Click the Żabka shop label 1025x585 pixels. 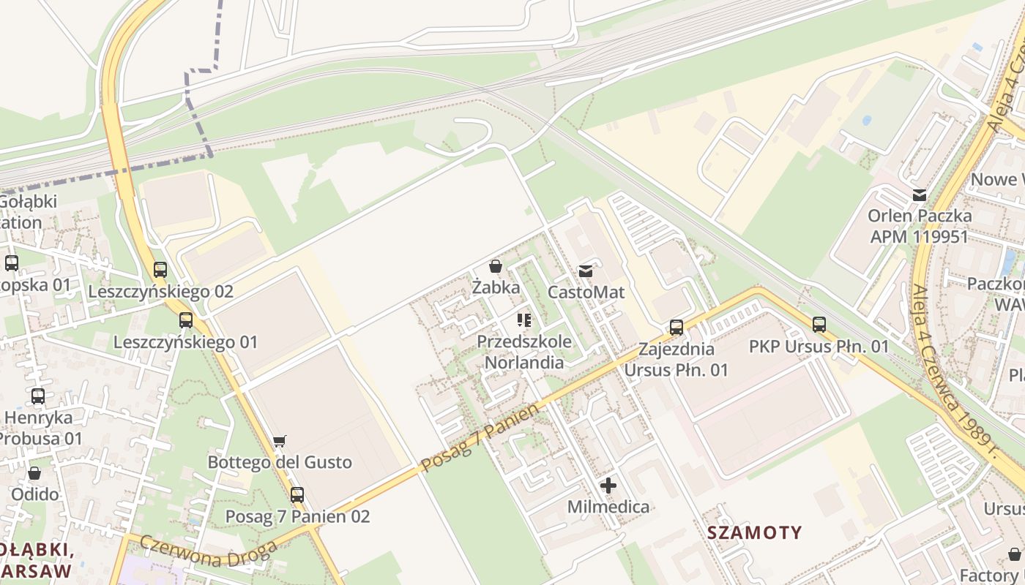pos(496,287)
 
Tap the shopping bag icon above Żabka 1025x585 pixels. pos(496,266)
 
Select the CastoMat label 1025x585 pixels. pos(586,292)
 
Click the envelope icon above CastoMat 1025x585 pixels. pos(586,271)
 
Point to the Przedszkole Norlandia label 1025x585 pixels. pos(524,352)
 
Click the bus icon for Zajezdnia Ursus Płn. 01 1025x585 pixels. pos(676,327)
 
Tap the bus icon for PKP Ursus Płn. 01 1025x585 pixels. pos(819,324)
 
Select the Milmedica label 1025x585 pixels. pos(608,507)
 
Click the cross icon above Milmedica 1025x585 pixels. pos(608,486)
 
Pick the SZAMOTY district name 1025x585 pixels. pos(755,532)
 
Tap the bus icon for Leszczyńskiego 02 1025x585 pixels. pos(160,270)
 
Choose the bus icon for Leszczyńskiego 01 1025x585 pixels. pos(186,320)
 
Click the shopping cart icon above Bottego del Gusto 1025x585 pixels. pos(279,441)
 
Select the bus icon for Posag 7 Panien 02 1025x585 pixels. pos(297,495)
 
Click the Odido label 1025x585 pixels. pos(34,494)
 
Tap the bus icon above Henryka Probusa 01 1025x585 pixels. pos(38,396)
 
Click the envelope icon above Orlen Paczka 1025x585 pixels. pos(919,195)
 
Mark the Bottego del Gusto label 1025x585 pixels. pos(280,462)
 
